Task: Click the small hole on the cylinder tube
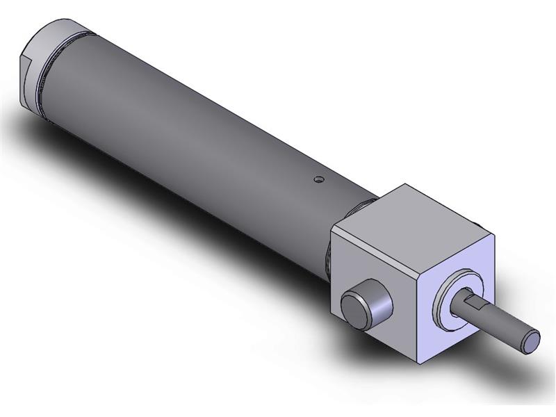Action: pyautogui.click(x=318, y=179)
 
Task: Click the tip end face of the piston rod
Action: pyautogui.click(x=532, y=341)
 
